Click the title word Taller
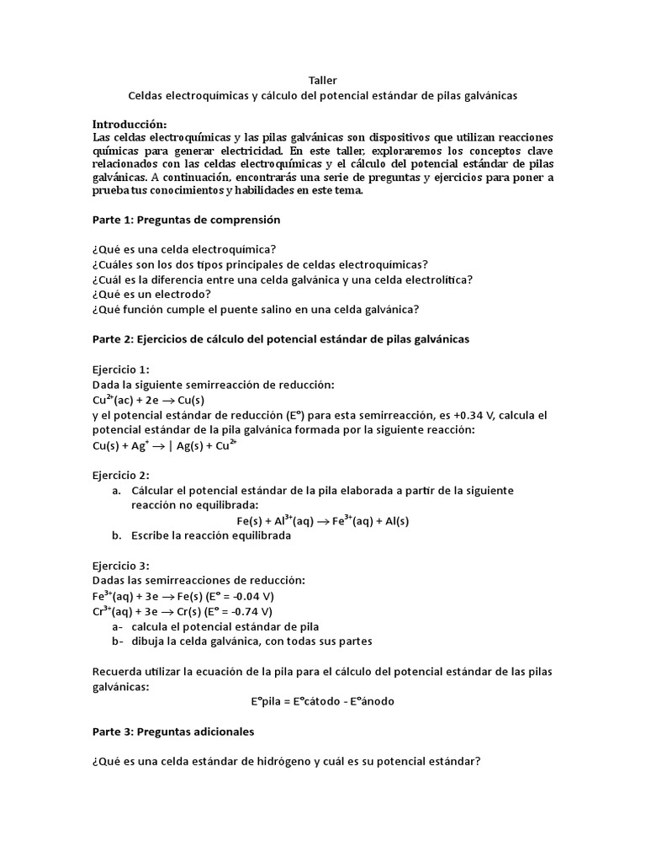click(x=322, y=80)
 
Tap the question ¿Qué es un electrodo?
click(x=151, y=294)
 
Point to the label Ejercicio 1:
click(x=121, y=370)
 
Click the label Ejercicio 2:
click(x=121, y=476)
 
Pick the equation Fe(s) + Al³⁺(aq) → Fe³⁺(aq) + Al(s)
click(x=322, y=521)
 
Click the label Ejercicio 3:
click(x=121, y=567)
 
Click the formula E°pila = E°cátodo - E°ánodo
click(x=322, y=701)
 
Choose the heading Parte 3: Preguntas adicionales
click(x=172, y=732)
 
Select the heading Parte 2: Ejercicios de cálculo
click(x=280, y=339)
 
